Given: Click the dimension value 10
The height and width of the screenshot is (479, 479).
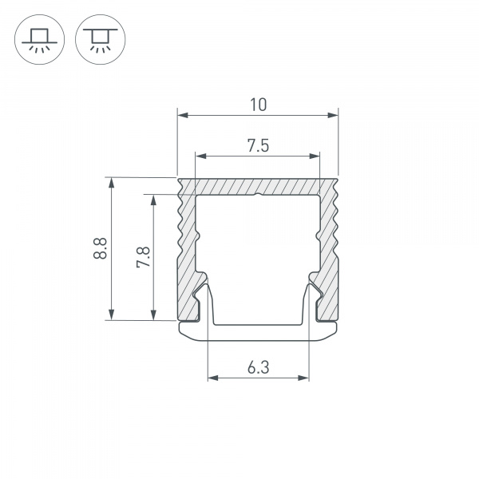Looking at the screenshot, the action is click(x=258, y=105).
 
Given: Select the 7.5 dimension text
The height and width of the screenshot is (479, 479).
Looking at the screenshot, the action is click(x=258, y=146).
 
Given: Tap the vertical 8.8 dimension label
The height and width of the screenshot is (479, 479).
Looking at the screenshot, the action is click(x=101, y=248).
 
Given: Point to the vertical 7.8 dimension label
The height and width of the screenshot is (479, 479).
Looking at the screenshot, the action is click(x=143, y=257).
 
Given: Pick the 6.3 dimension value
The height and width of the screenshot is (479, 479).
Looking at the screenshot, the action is click(x=259, y=367).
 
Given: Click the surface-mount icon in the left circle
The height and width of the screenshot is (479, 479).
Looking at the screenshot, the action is click(x=39, y=40).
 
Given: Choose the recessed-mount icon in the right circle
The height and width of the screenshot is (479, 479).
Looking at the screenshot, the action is click(x=101, y=40).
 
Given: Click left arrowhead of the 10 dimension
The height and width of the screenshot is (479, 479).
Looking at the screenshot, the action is click(x=183, y=115).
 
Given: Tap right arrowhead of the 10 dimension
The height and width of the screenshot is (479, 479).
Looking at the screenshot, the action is click(x=333, y=115).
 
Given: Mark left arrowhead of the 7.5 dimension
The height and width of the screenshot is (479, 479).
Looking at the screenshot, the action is click(x=201, y=156).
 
